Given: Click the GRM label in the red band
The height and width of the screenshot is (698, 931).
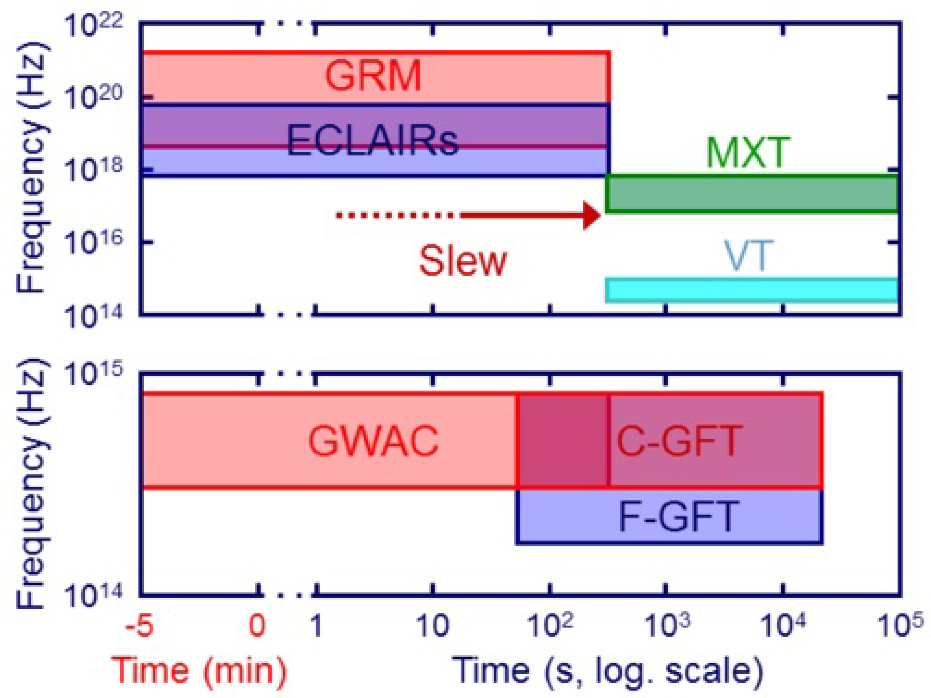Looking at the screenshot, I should tap(373, 76).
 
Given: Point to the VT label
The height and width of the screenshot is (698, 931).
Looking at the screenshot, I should tap(748, 255).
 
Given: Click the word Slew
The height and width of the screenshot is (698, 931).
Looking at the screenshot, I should tap(463, 261).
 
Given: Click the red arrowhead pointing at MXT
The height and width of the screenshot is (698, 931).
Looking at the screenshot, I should tap(591, 216).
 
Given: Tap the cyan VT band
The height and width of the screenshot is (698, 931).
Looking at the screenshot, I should tap(751, 290).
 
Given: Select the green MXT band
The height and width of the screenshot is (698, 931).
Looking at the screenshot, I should tap(751, 194).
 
